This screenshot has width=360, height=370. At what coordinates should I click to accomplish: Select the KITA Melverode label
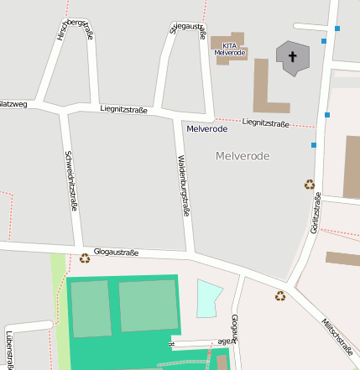coord(229,49)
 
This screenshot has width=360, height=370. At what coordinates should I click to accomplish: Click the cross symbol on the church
coord(293,58)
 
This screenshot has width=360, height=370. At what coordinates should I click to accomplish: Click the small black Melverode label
coord(206,129)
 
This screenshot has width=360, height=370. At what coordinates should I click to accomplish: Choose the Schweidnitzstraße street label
coord(71,181)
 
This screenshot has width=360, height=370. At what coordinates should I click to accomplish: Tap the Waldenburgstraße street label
coord(182,185)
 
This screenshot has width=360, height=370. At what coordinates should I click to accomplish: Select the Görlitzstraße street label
coord(316,213)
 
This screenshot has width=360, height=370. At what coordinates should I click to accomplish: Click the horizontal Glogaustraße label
coord(116,252)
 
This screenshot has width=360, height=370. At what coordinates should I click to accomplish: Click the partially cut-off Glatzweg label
coord(13,104)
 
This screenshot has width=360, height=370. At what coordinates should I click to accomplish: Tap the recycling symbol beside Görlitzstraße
coord(309,185)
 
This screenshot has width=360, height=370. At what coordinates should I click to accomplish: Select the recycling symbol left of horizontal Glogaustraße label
coord(84,258)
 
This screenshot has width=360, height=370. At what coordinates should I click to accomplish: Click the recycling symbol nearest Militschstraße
coord(279,295)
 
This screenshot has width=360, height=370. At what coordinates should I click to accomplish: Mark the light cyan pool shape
coord(208,298)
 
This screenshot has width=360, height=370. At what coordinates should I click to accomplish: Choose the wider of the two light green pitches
coord(148,305)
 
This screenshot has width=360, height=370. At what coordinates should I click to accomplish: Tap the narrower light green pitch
coord(90,309)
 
